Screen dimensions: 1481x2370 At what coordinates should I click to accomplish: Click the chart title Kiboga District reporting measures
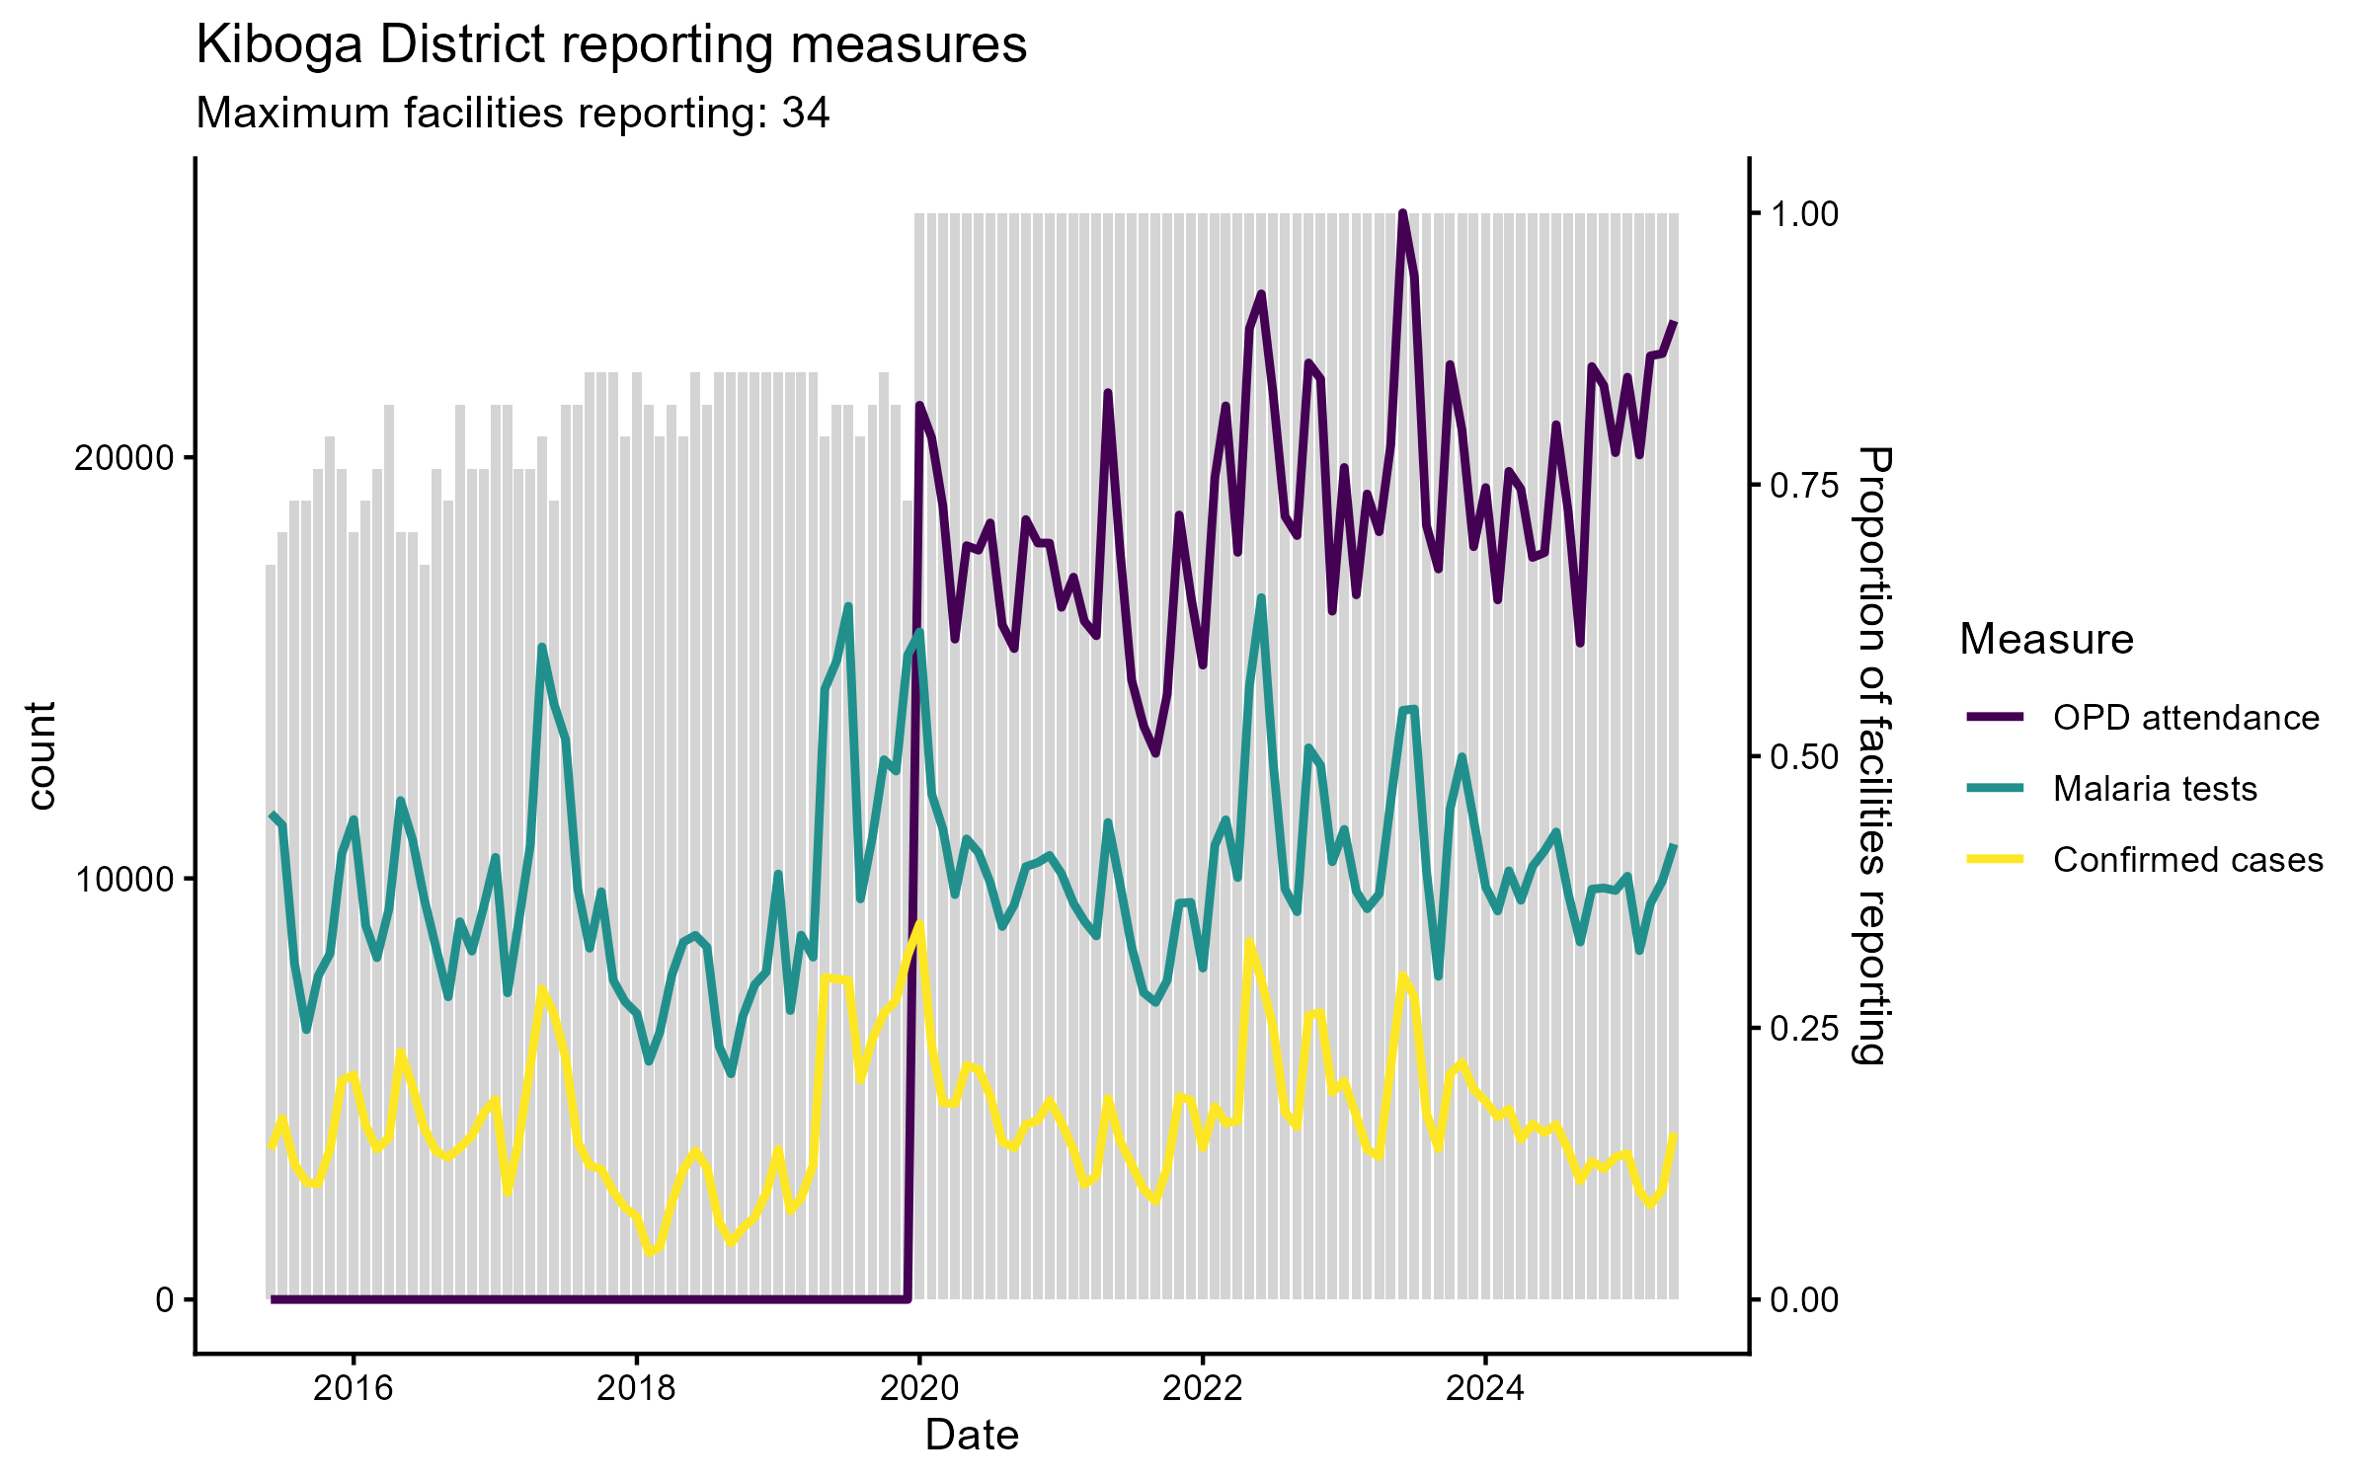[x=611, y=44]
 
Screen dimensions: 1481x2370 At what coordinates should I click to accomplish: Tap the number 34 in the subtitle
[x=806, y=114]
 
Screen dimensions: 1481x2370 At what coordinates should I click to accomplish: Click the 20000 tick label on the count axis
[x=123, y=459]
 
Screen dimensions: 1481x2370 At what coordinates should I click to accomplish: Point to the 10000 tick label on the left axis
[x=123, y=880]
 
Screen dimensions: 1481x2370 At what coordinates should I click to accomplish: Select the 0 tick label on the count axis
[x=164, y=1300]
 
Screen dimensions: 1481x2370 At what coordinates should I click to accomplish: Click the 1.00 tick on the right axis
[x=1804, y=214]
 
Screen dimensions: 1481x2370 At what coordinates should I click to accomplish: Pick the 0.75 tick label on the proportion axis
[x=1804, y=486]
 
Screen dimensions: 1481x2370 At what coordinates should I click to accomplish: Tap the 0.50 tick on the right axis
[x=1804, y=757]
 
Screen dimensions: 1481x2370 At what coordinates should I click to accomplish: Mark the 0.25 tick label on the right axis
[x=1804, y=1029]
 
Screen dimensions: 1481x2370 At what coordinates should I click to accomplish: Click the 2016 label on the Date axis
[x=353, y=1389]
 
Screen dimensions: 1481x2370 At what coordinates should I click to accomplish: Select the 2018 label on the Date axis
[x=636, y=1389]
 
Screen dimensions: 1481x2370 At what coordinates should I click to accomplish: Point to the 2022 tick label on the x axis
[x=1202, y=1389]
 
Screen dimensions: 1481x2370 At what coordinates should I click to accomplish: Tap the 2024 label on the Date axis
[x=1485, y=1389]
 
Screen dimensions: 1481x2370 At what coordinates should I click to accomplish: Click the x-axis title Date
[x=972, y=1436]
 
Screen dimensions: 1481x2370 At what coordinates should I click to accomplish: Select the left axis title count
[x=41, y=756]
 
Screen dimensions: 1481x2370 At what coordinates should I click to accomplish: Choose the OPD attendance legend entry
[x=2185, y=718]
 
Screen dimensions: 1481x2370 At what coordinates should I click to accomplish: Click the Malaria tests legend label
[x=2155, y=789]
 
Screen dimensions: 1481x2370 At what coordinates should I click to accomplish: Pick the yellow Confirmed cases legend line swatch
[x=1995, y=859]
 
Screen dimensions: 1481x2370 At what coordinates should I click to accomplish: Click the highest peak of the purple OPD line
[x=1402, y=213]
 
